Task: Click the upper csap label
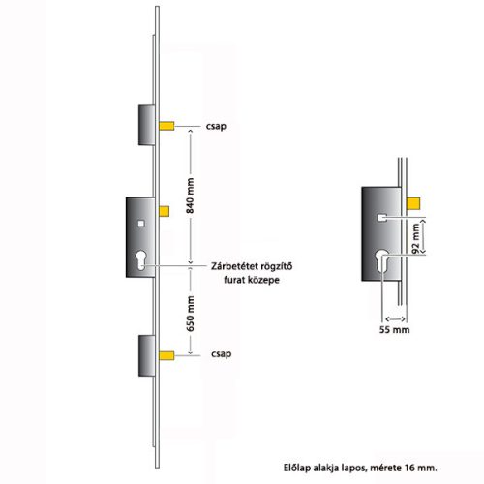(216, 126)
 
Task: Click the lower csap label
(221, 354)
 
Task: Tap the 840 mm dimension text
(190, 196)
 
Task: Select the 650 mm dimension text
(190, 314)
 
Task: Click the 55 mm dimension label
(394, 329)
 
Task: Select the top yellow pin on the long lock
(166, 126)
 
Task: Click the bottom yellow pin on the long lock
(166, 355)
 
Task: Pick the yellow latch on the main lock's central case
(164, 211)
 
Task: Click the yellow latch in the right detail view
(413, 203)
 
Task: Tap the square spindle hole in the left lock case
(141, 224)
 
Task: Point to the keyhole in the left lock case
(141, 260)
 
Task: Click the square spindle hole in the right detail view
(382, 218)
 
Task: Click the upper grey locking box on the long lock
(147, 125)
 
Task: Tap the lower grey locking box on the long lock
(147, 355)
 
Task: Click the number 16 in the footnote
(409, 468)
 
